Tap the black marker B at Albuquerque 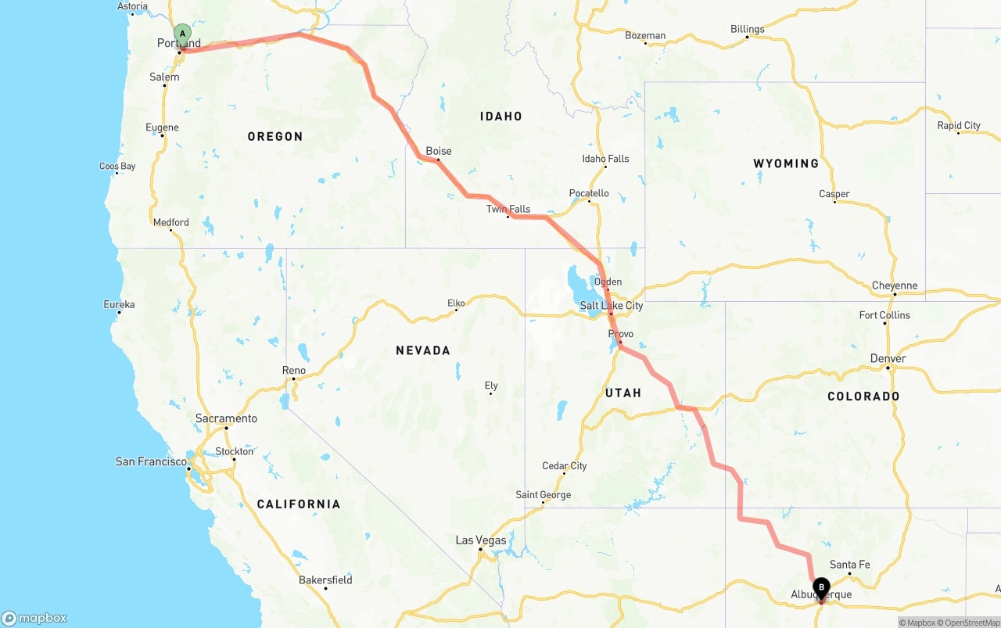click(x=821, y=587)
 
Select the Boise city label click(x=439, y=151)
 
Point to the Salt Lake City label click(x=612, y=305)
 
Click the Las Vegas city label click(x=481, y=540)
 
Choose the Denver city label click(x=888, y=358)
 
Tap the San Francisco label click(x=151, y=461)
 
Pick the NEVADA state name click(x=422, y=350)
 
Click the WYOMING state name click(x=786, y=163)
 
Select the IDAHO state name click(x=501, y=116)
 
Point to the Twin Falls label click(x=508, y=209)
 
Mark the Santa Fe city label click(x=849, y=565)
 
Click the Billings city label click(x=748, y=29)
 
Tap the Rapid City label click(x=959, y=125)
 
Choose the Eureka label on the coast click(x=119, y=304)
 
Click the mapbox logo click(x=34, y=618)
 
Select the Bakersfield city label click(x=325, y=580)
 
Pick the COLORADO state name click(x=863, y=397)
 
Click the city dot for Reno click(x=294, y=379)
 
